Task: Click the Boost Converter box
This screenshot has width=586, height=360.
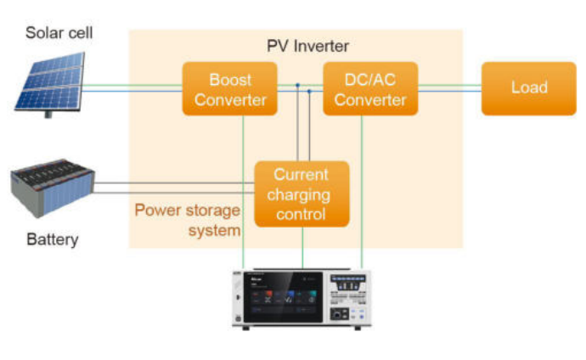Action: point(230,89)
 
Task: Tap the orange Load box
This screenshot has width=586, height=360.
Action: point(528,88)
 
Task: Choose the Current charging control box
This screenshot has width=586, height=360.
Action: point(301,194)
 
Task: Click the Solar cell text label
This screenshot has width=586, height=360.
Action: point(58,33)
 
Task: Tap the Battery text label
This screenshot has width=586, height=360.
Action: point(52,239)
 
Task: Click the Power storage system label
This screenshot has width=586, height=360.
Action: point(187,219)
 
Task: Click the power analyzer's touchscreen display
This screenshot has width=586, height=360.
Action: point(284,295)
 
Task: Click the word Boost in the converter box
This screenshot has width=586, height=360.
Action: point(230,80)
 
